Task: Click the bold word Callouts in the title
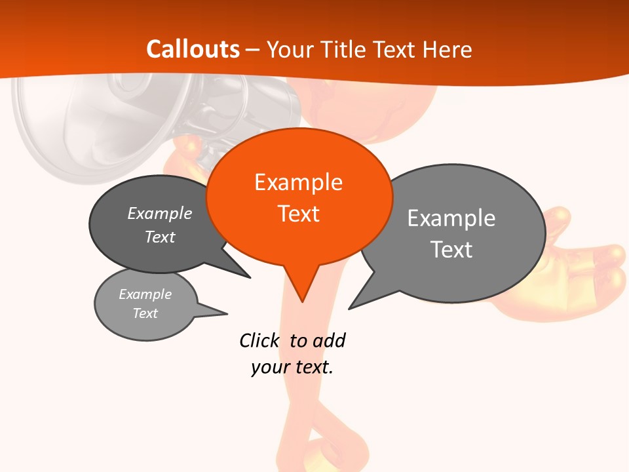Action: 193,49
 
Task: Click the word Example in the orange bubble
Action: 298,182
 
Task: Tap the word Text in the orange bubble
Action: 298,214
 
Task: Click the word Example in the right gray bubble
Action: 451,218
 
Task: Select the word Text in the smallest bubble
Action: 145,313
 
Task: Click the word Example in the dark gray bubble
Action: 160,213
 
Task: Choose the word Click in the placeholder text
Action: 259,341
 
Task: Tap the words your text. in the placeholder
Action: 292,367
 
